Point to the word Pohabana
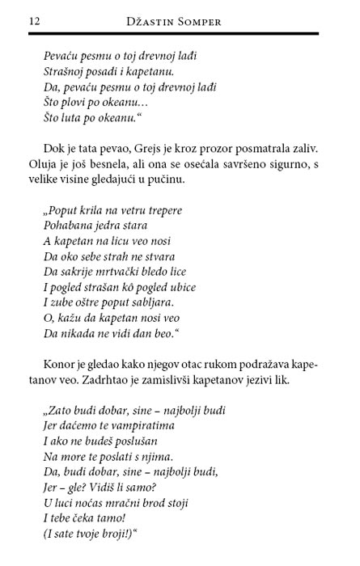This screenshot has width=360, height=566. tap(68, 226)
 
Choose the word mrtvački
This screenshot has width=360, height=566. tap(112, 272)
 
